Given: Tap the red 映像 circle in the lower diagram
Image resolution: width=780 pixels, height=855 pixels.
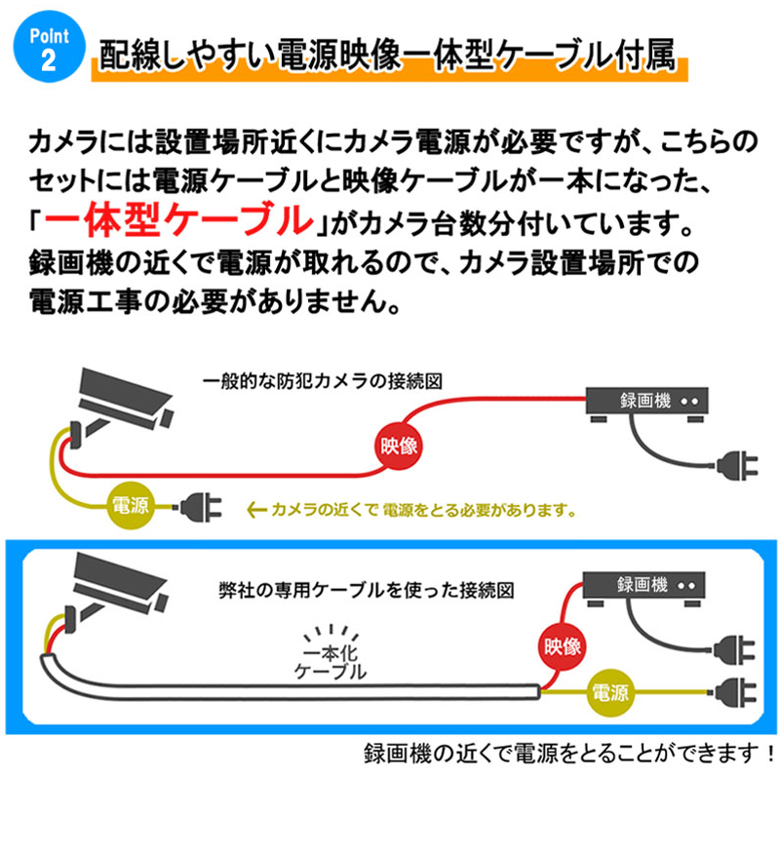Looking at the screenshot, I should pos(564,644).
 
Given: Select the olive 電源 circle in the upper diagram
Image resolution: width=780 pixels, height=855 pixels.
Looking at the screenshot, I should pos(130,506).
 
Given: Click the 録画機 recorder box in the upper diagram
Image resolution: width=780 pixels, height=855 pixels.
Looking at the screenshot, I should pos(647,402).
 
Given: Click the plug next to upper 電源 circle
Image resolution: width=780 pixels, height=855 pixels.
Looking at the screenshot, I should pos(202,507).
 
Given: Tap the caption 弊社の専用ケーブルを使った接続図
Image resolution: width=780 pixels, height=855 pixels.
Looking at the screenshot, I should pos(366,591).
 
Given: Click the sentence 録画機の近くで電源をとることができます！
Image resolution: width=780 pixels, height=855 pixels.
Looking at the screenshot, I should pos(568,754).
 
